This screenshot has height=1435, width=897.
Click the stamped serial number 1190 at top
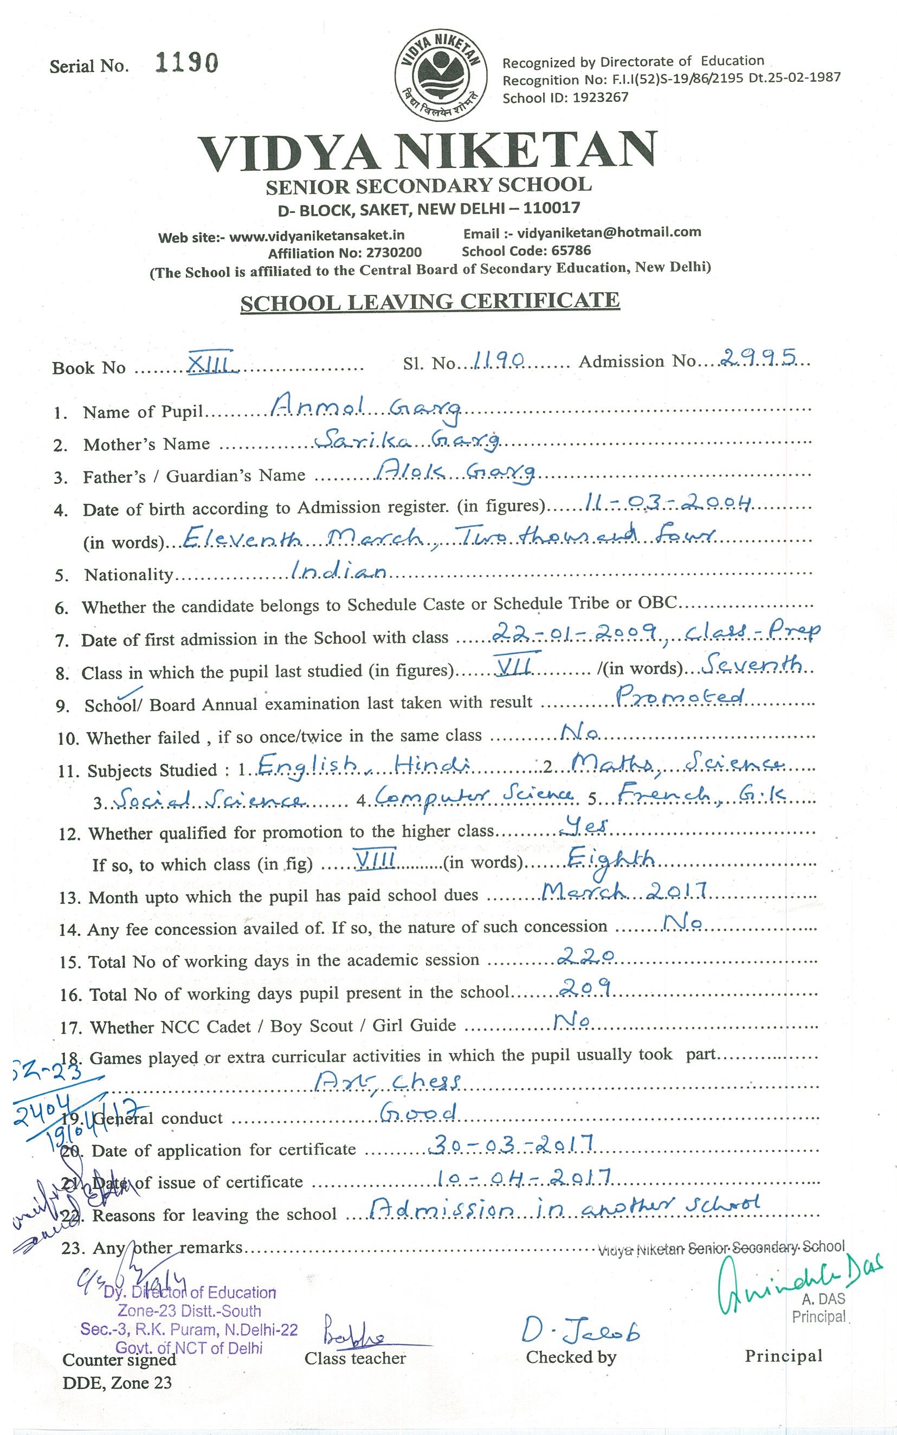[186, 63]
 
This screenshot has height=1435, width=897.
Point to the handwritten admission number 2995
[758, 357]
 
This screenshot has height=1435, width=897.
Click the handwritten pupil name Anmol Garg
[365, 408]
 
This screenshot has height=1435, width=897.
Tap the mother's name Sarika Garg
[406, 439]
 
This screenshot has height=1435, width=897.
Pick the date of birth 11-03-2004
[668, 504]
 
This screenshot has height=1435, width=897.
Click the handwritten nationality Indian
[338, 571]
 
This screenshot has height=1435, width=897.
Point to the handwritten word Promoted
[679, 696]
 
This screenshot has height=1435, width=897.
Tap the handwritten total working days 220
[586, 955]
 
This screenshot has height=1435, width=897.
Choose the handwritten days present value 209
[585, 987]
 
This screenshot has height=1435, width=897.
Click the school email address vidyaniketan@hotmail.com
[609, 232]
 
